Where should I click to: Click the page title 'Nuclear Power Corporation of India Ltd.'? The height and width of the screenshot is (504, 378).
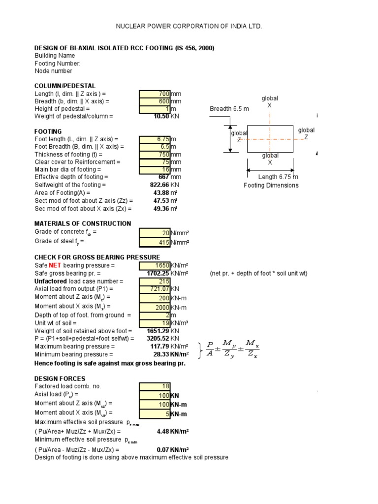tap(189, 26)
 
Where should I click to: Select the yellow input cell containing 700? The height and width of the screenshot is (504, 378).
tap(155, 94)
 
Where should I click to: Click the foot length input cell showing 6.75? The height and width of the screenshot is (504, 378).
tap(155, 139)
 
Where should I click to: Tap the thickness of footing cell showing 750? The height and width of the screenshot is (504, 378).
tap(155, 154)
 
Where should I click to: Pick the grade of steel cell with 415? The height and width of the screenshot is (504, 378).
tap(155, 242)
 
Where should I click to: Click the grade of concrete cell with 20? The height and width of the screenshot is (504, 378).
tap(155, 233)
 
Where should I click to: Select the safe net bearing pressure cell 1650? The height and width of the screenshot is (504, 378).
tap(155, 266)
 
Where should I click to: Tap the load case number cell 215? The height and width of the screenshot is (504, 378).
tap(155, 281)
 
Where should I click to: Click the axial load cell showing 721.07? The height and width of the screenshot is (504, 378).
tap(155, 289)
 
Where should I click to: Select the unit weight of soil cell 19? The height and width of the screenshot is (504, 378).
tap(155, 323)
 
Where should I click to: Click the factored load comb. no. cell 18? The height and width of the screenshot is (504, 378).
tap(155, 386)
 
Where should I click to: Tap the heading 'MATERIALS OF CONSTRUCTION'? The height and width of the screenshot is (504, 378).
tap(83, 223)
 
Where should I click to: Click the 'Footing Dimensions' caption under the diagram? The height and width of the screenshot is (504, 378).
tap(271, 186)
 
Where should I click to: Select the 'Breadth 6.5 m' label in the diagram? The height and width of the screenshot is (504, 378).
tap(229, 109)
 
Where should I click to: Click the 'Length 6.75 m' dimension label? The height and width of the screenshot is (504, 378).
tap(279, 177)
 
